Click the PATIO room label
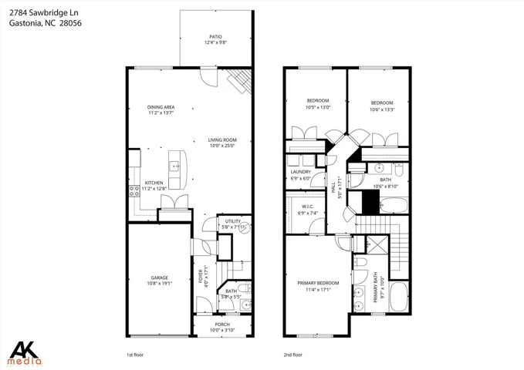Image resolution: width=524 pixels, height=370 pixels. pyautogui.click(x=215, y=37)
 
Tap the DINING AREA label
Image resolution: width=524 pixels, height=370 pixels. pyautogui.click(x=161, y=107)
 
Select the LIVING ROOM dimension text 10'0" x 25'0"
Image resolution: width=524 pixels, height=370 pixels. pyautogui.click(x=222, y=146)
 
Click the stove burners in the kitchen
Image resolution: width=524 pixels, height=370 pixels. pyautogui.click(x=134, y=191)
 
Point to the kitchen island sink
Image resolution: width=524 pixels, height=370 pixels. pyautogui.click(x=174, y=166)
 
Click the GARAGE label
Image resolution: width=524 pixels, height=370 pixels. pyautogui.click(x=160, y=277)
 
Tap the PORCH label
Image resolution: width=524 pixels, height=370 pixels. pyautogui.click(x=222, y=325)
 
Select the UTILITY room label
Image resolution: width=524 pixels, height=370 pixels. pyautogui.click(x=233, y=221)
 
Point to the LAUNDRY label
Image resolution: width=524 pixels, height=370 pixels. pyautogui.click(x=301, y=172)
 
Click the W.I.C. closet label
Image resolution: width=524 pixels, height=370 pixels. pyautogui.click(x=307, y=207)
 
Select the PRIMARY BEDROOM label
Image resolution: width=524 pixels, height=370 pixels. pyautogui.click(x=318, y=283)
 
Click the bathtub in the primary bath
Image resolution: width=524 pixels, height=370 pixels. pyautogui.click(x=399, y=297)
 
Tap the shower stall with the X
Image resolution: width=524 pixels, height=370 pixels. pyautogui.click(x=377, y=245)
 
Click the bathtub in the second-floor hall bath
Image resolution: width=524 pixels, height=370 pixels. pyautogui.click(x=394, y=205)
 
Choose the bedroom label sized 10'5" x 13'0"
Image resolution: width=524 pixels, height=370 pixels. pyautogui.click(x=318, y=100)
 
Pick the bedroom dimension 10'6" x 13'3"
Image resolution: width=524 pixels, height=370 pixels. pyautogui.click(x=382, y=109)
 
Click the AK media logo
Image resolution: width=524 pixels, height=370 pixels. pyautogui.click(x=25, y=354)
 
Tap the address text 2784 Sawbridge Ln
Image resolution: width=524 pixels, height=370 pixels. pyautogui.click(x=44, y=13)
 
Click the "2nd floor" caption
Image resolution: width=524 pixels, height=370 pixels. pyautogui.click(x=293, y=355)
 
